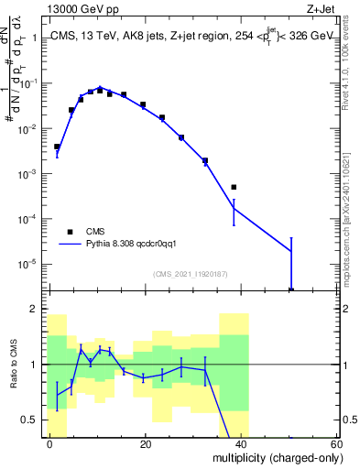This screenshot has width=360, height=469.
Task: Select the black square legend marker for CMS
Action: click(x=70, y=231)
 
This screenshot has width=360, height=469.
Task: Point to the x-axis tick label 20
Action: click(x=145, y=444)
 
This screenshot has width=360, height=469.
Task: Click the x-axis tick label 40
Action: click(x=241, y=444)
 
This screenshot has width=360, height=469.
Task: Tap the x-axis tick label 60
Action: click(x=336, y=444)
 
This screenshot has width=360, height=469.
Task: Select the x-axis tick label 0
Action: click(x=49, y=444)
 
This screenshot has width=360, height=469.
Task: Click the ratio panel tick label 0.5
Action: click(x=30, y=420)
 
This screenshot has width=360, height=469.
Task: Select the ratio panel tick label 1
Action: click(x=36, y=365)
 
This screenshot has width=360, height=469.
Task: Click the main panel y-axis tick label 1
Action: click(x=36, y=38)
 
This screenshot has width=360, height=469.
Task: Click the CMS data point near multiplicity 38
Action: click(x=234, y=187)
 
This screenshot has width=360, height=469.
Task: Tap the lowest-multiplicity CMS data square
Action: click(x=57, y=147)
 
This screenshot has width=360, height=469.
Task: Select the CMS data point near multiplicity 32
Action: click(x=205, y=160)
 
